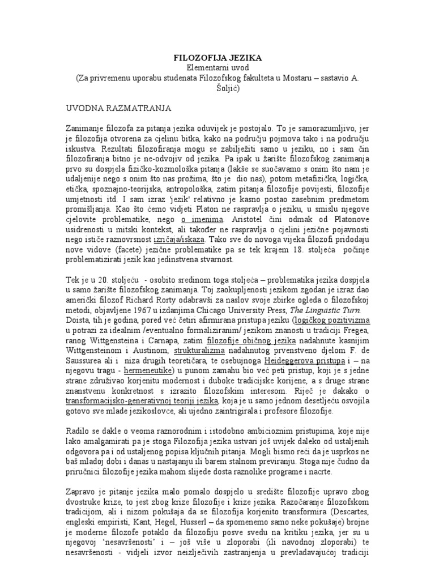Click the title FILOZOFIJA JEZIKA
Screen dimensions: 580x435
[x=217, y=58]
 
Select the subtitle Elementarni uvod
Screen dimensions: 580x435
[x=217, y=67]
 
